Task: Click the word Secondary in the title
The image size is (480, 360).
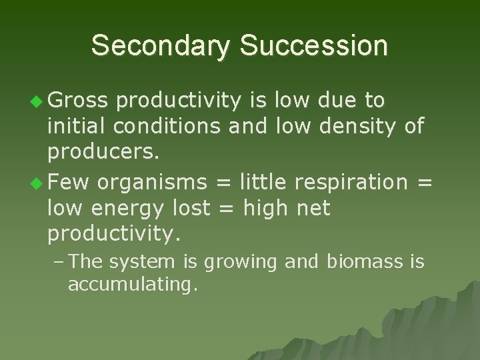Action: pyautogui.click(x=161, y=46)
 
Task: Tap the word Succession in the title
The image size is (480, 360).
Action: pyautogui.click(x=313, y=46)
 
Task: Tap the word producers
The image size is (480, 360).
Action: pyautogui.click(x=103, y=153)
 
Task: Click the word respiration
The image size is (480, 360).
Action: pyautogui.click(x=353, y=181)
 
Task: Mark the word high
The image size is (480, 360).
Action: pyautogui.click(x=265, y=208)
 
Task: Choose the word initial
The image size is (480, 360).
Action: pyautogui.click(x=79, y=126)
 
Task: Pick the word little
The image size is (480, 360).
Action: pyautogui.click(x=263, y=181)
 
